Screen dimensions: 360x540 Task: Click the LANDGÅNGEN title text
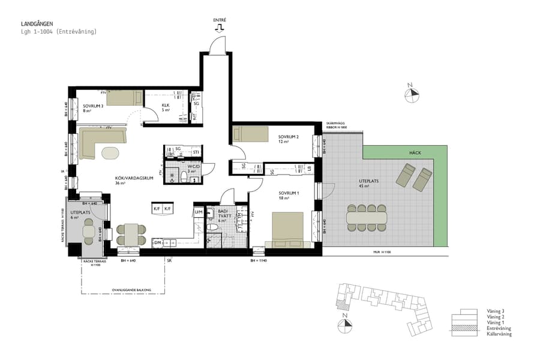pos(35,24)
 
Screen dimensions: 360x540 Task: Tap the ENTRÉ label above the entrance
pos(220,20)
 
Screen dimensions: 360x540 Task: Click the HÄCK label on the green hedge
pos(416,153)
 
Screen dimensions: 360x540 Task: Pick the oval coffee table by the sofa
pos(110,153)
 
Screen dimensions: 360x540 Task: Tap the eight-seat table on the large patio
pos(366,217)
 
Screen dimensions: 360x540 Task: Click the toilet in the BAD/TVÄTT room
pos(211,228)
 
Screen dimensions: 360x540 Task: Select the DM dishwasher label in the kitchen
pos(157,242)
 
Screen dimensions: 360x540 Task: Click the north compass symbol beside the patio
pos(412,94)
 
